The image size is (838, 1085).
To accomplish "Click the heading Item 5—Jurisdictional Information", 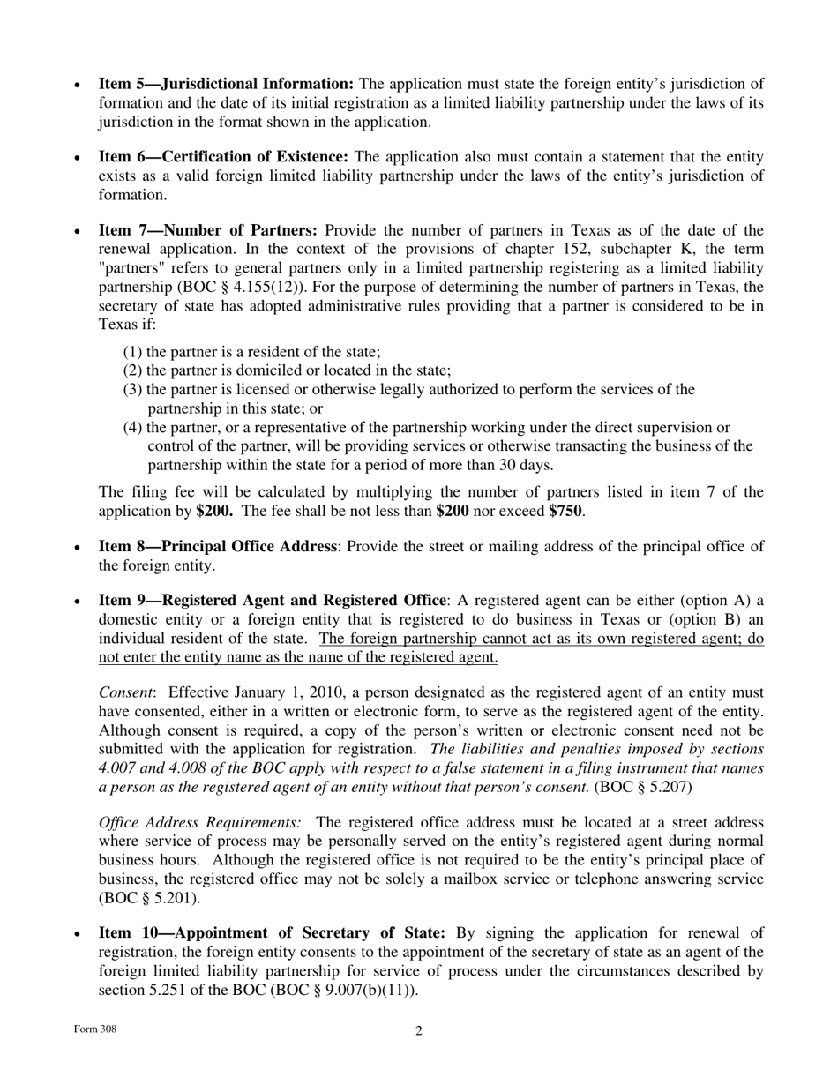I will pos(226,84).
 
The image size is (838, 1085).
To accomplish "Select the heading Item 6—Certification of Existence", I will pos(223,156).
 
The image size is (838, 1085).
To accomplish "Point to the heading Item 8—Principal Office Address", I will pos(217,546).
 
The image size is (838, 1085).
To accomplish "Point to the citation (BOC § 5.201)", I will pos(149,898).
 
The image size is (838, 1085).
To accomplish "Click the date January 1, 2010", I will pos(274,692).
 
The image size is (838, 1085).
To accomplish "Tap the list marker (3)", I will pos(133,389).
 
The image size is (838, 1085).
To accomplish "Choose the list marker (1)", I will pos(133,351).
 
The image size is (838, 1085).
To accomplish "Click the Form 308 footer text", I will pos(95,1029).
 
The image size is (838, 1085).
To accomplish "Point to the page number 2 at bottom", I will pos(419,1030).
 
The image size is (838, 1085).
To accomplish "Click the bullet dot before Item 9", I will pos(78,602).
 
